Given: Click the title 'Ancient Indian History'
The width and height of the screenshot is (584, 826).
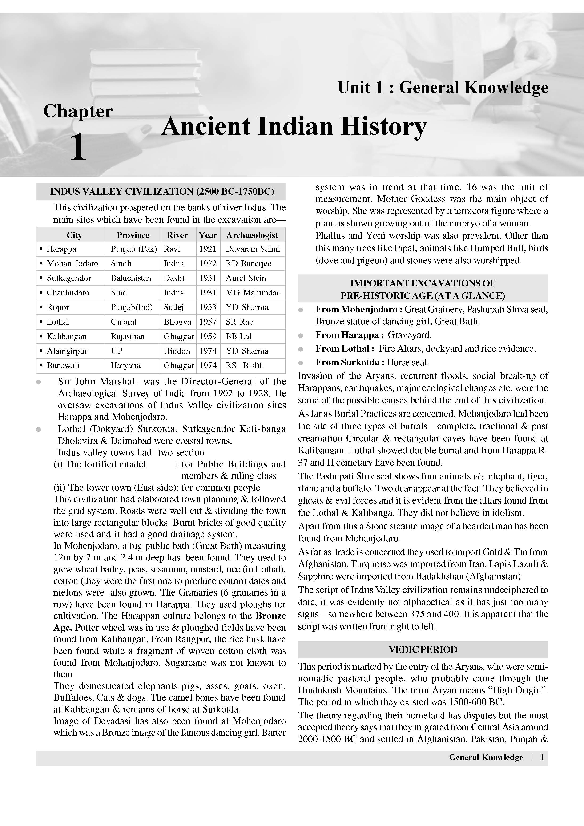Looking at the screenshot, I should pyautogui.click(x=294, y=127).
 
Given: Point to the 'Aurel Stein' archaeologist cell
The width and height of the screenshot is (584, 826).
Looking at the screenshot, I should pyautogui.click(x=246, y=278).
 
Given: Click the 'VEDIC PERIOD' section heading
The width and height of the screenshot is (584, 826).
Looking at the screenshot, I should pyautogui.click(x=423, y=649).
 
